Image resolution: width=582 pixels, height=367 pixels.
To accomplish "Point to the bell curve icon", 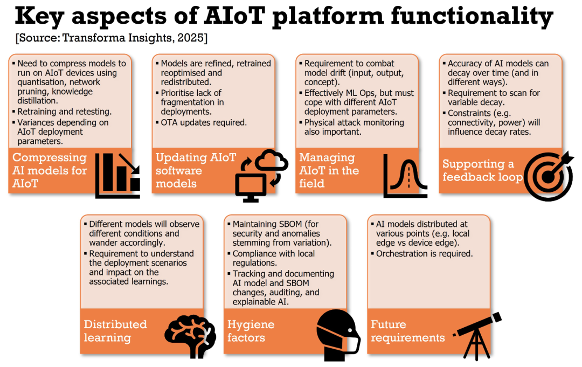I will point(405,176).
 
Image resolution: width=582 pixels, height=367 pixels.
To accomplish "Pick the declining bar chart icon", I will point(118,175).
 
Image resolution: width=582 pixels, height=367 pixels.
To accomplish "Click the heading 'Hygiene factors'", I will point(251,331).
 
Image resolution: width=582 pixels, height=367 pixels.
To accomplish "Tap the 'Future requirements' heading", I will point(407,331).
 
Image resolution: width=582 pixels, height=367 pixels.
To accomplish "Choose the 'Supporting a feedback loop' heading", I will point(482,170).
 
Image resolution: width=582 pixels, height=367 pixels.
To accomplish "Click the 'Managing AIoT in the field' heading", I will point(329,170).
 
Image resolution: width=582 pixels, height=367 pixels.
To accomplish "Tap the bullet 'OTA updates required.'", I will point(204,122).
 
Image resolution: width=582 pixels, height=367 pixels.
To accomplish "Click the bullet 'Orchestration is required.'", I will point(424,253).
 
